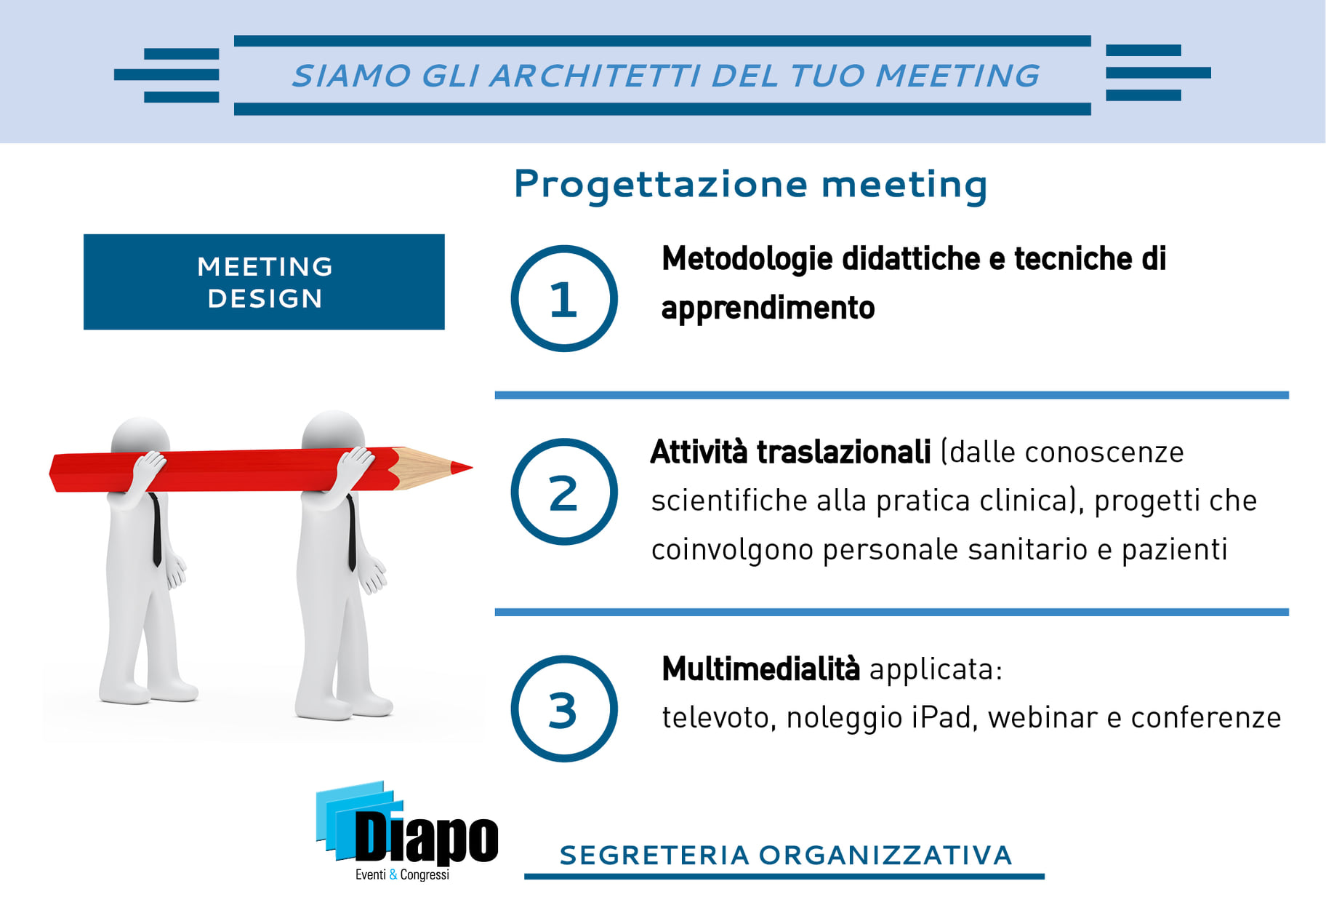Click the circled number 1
click(x=564, y=298)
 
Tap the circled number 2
click(x=564, y=492)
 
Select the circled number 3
click(x=564, y=709)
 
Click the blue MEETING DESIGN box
click(x=264, y=282)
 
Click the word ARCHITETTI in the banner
click(x=595, y=76)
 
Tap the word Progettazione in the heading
click(x=660, y=185)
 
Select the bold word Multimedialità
click(x=760, y=669)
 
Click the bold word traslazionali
click(x=844, y=452)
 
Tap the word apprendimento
click(x=768, y=308)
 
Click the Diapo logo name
click(x=427, y=837)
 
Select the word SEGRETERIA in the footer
click(x=654, y=856)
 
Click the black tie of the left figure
click(x=156, y=530)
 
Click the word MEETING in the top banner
click(x=957, y=76)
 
